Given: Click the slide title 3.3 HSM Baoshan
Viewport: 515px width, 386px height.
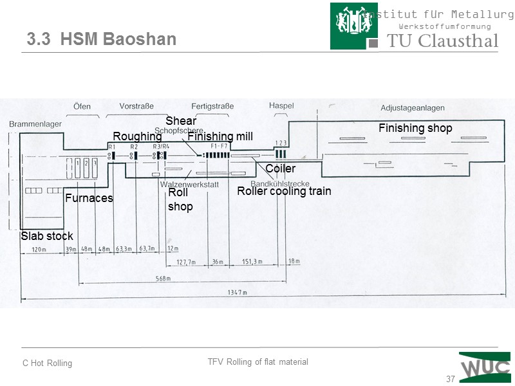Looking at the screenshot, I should [x=102, y=39].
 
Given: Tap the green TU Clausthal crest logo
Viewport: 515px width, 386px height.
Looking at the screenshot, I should [x=354, y=26].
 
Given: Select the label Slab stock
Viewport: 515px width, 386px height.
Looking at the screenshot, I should [x=47, y=236].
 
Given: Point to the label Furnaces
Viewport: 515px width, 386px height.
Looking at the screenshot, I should [x=89, y=198].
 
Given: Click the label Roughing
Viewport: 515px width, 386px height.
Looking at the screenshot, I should [x=137, y=136].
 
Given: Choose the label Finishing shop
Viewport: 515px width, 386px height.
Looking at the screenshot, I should [x=415, y=128].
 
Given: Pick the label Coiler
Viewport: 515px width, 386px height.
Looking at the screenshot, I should [x=280, y=169].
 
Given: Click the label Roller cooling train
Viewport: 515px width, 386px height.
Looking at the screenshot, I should [x=284, y=191].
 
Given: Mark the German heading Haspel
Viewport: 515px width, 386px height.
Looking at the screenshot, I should [x=281, y=106].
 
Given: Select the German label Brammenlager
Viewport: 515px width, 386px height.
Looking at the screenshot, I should [x=31, y=124].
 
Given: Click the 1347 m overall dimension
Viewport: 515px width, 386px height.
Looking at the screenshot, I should [x=236, y=293].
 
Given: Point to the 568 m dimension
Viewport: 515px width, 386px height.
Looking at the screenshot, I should [x=162, y=279].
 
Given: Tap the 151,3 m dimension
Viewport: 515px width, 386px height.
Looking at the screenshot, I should [x=252, y=262].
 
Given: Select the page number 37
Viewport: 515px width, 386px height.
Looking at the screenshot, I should [x=451, y=378].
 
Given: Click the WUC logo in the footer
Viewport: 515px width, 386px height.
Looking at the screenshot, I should [x=485, y=367].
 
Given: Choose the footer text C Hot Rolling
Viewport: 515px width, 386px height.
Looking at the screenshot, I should [x=48, y=363].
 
